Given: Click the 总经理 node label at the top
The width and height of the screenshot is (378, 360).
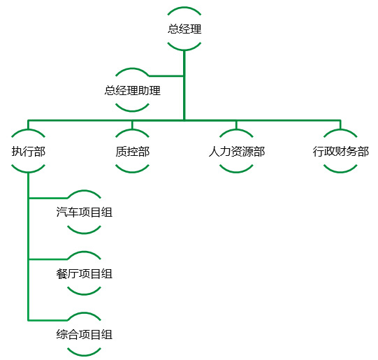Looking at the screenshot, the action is point(184,29).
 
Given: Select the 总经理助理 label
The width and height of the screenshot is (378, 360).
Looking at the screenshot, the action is point(132,90).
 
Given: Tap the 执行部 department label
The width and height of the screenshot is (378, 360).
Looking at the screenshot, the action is point(29,152).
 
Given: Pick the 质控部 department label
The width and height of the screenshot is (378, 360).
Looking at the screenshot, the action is point(132,152).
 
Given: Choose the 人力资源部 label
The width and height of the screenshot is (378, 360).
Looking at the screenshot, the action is point(236,152).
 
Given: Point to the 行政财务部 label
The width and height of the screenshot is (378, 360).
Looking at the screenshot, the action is point(341,152).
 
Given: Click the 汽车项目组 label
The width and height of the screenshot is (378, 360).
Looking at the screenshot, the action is point(84,213).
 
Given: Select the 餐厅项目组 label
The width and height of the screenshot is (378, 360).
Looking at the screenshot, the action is point(84,274).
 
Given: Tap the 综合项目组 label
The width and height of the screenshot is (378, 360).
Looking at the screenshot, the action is point(84,334).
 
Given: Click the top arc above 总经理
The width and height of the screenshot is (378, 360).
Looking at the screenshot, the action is point(184,8).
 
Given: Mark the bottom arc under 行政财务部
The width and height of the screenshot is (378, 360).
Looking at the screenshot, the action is point(340,172).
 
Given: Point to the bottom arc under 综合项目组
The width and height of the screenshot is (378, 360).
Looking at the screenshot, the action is point(84,354).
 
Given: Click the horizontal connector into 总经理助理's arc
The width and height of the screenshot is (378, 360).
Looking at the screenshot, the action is point(166,76).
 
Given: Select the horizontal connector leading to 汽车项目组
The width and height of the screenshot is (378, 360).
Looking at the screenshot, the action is point(48,199).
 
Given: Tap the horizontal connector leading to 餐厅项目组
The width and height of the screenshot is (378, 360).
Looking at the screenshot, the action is point(48,259).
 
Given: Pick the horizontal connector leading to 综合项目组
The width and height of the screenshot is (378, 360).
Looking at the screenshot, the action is point(48,320).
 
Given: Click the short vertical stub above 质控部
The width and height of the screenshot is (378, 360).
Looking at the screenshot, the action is point(132,125).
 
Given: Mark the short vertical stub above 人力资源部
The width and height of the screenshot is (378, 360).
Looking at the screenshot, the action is point(236,125).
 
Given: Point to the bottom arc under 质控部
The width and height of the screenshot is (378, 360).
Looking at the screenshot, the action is point(132,172).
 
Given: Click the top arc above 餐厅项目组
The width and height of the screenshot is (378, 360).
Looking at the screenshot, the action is point(84,252).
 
